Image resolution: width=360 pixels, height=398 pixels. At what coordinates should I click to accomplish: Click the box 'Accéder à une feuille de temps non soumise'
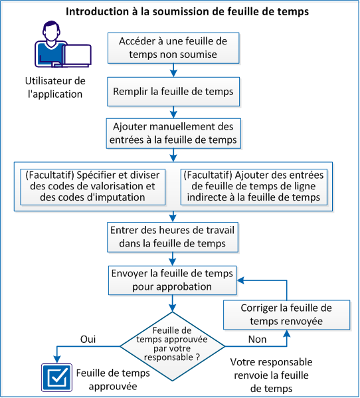pyautogui.click(x=173, y=47)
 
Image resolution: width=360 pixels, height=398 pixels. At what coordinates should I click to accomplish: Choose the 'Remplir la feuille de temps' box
pyautogui.click(x=173, y=91)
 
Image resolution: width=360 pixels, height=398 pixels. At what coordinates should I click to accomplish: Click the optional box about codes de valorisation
pyautogui.click(x=92, y=187)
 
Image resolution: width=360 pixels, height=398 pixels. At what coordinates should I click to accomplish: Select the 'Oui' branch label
pyautogui.click(x=88, y=339)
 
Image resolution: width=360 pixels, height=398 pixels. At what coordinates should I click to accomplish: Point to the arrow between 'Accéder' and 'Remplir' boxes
pyautogui.click(x=173, y=70)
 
